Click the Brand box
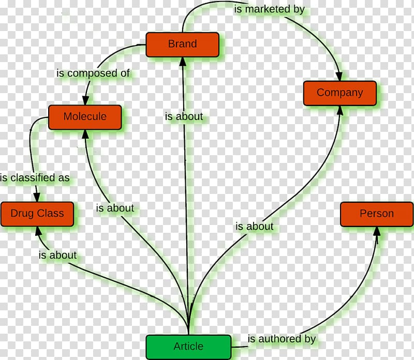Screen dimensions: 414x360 [x=183, y=44]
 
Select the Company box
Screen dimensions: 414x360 [x=340, y=93]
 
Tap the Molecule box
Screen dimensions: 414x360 [x=85, y=117]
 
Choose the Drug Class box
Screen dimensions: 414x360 [x=37, y=214]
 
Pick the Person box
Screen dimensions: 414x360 [x=377, y=214]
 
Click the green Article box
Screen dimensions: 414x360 [x=188, y=347]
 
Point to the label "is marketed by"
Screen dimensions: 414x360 [x=270, y=9]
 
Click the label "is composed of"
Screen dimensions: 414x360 [x=93, y=73]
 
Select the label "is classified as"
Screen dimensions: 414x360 [x=35, y=177]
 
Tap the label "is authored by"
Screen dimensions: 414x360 [x=282, y=339]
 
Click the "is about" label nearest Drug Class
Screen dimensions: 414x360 [x=57, y=255]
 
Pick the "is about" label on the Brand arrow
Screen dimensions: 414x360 [x=184, y=116]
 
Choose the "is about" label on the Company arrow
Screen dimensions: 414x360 [x=255, y=227]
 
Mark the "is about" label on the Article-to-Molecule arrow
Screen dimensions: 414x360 [x=115, y=208]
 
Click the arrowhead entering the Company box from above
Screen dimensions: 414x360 [x=339, y=76]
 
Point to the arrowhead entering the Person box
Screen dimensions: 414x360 [x=377, y=232]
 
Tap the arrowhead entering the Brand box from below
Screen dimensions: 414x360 [x=183, y=62]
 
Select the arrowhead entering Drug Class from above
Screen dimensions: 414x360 [x=37, y=197]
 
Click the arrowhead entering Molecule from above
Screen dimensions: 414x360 [x=85, y=100]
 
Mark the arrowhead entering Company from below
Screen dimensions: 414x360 [x=340, y=111]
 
